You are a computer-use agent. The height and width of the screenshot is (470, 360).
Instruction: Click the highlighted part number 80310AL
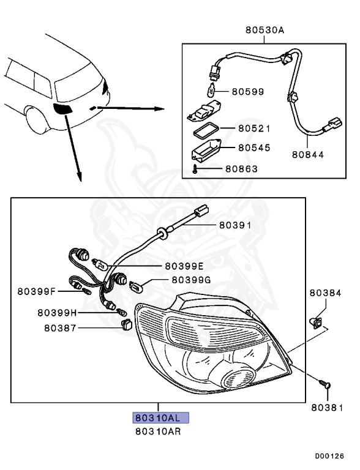[158, 419]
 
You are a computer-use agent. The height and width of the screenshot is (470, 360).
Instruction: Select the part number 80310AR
[158, 431]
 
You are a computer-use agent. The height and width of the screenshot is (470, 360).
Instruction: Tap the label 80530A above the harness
[264, 29]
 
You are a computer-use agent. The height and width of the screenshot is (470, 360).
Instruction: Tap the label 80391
[236, 226]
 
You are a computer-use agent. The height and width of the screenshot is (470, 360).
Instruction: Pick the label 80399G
[191, 280]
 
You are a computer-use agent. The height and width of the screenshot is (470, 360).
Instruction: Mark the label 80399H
[57, 312]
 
